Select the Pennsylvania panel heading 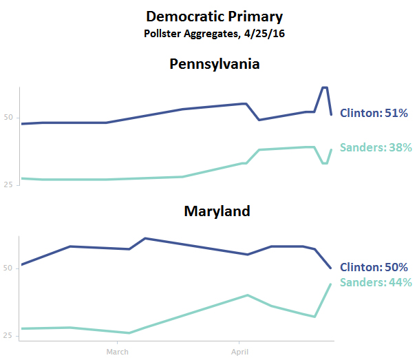215,64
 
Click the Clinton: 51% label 376,113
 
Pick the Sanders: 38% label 376,147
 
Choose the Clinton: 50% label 376,267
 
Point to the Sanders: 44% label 376,282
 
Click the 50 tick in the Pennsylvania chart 8,118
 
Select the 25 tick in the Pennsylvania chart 8,184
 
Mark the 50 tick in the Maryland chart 8,268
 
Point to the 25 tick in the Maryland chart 8,335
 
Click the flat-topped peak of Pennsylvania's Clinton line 325,87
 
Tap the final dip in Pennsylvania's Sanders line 325,163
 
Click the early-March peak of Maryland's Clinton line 145,238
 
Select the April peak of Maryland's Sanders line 248,295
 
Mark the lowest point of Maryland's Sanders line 129,333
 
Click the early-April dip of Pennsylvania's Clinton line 259,120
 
